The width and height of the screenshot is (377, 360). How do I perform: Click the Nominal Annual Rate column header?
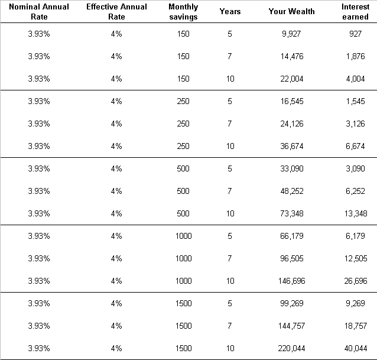39,12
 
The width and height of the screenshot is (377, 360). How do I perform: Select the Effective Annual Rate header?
116,12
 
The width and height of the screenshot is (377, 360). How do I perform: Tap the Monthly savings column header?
183,12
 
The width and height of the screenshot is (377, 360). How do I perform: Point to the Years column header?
230,11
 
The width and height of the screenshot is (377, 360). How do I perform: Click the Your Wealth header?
292,11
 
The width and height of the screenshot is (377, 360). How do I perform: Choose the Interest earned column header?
355,12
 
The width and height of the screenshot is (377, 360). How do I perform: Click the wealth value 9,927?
291,34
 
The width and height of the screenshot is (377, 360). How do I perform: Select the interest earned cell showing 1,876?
355,56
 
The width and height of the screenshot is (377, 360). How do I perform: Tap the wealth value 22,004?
292,79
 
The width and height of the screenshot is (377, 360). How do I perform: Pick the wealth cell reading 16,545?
292,101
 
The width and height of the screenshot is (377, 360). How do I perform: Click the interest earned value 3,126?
355,124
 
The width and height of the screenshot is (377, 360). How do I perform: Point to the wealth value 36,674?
292,146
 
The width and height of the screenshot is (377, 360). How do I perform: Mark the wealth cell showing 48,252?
292,191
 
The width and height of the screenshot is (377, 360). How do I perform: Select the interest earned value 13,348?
356,213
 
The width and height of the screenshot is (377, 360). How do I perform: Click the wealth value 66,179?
292,236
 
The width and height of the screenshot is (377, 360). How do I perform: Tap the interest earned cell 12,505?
356,258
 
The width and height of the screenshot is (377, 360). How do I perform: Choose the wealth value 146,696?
292,281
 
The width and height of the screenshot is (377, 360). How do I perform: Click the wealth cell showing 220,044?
292,348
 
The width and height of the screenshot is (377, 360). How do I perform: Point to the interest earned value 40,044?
356,348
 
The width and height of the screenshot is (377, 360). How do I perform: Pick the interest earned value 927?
355,34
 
